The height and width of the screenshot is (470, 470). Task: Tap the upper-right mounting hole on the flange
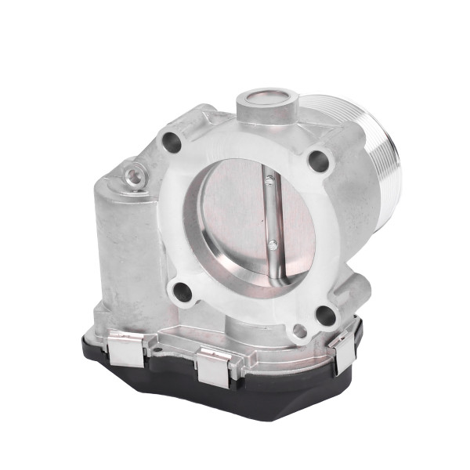pyautogui.click(x=318, y=161)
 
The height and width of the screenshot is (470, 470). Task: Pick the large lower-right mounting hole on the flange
pyautogui.click(x=325, y=316)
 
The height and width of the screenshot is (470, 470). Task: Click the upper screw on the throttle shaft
pyautogui.click(x=270, y=182)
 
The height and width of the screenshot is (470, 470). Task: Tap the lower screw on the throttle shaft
pyautogui.click(x=272, y=244)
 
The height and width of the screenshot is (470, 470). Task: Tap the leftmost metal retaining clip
pyautogui.click(x=125, y=348)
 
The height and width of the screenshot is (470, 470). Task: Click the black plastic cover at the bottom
pyautogui.click(x=235, y=396)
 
